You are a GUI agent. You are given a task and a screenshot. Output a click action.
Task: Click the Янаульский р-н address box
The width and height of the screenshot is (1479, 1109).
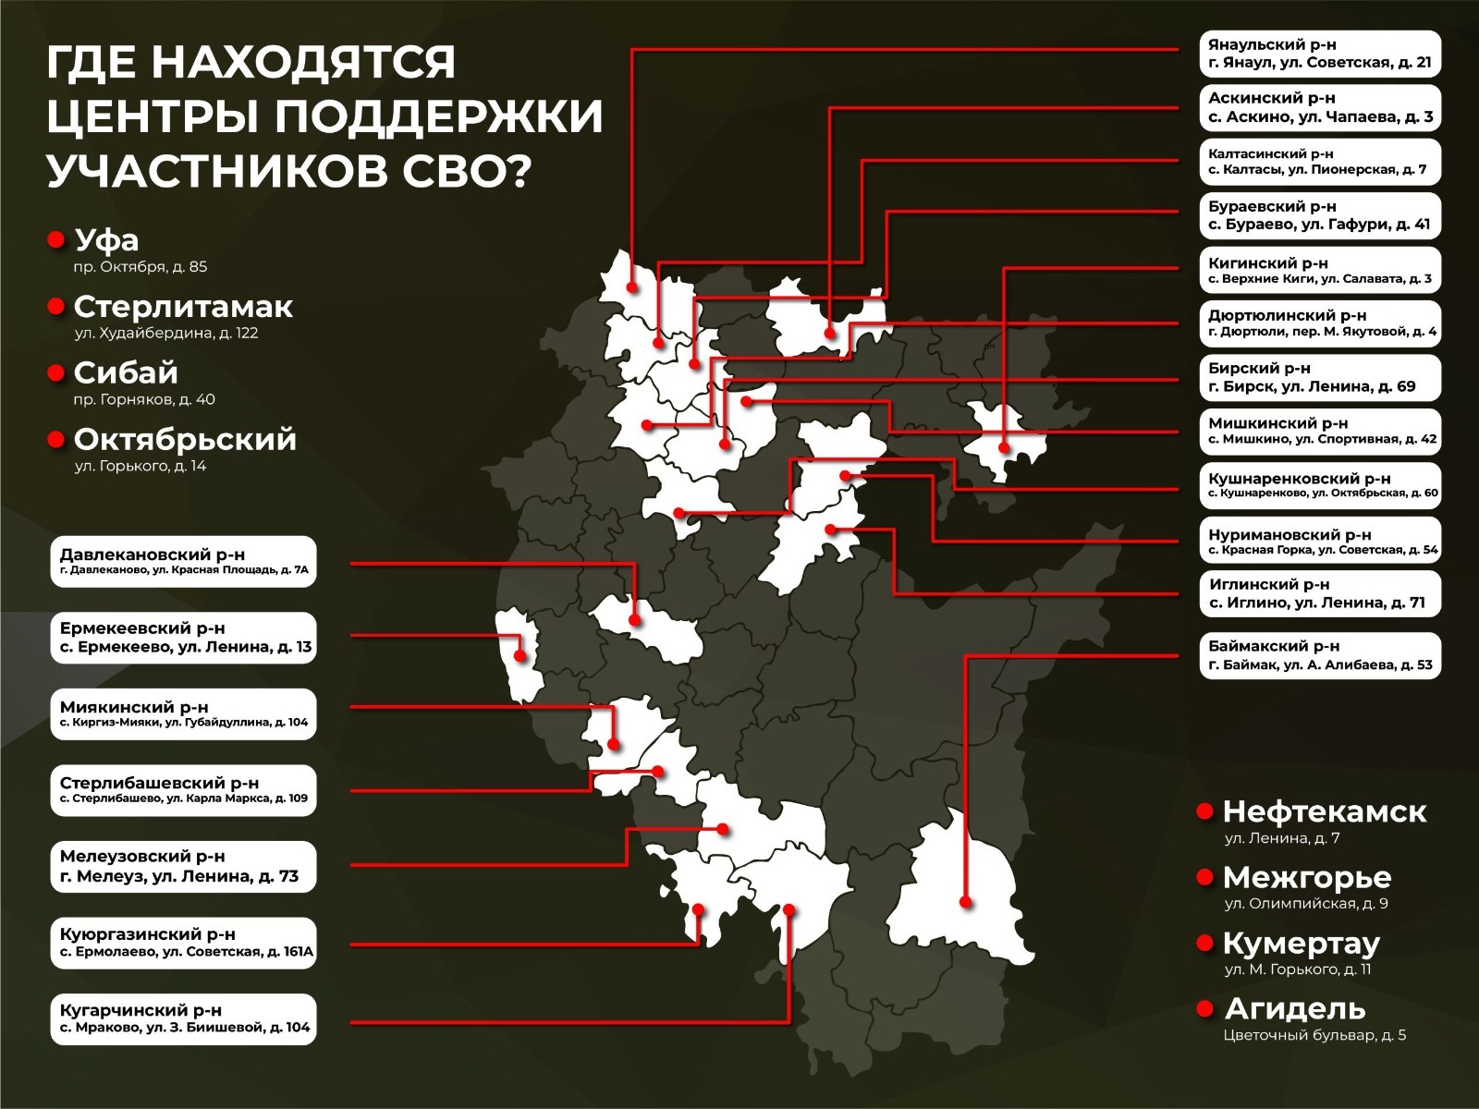[x=1320, y=54]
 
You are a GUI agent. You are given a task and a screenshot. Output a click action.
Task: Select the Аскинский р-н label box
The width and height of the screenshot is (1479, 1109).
[x=1320, y=107]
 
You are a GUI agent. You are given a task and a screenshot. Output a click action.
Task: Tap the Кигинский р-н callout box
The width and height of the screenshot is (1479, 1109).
[x=1320, y=270]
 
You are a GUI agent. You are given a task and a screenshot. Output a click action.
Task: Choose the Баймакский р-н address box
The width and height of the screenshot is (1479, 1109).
[x=1320, y=655]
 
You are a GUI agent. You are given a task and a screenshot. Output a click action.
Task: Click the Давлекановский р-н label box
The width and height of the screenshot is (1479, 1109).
[x=183, y=562]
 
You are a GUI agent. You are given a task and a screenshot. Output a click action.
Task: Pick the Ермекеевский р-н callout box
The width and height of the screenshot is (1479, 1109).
[x=183, y=638]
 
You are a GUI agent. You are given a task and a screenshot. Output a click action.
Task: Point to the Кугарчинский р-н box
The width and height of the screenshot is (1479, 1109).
[x=183, y=1018]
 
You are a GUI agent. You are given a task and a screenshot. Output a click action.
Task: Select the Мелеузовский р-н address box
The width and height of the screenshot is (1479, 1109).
[x=183, y=867]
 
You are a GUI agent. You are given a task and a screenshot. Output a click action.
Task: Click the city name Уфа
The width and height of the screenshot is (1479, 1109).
[x=106, y=240]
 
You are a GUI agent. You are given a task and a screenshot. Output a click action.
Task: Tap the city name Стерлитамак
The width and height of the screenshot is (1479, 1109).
[x=183, y=307]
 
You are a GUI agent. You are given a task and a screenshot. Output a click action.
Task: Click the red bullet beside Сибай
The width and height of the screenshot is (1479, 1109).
[x=55, y=372]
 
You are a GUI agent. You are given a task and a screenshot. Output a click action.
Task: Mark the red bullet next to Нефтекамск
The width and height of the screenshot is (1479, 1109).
[x=1204, y=811]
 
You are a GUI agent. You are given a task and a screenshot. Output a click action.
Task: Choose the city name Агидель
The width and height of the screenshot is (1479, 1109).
[x=1294, y=1008]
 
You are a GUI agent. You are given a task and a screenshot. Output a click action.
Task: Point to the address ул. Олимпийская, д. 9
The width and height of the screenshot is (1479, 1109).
[x=1305, y=903]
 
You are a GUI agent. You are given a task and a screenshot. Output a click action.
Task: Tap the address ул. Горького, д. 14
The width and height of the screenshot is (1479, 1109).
[x=141, y=466]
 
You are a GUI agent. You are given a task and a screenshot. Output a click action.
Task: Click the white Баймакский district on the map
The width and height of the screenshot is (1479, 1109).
[x=961, y=887]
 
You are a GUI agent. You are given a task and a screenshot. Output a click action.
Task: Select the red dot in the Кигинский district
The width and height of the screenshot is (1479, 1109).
[x=1004, y=447]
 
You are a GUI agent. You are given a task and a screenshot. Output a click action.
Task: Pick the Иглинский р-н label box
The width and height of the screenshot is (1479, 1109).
[x=1320, y=593]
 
